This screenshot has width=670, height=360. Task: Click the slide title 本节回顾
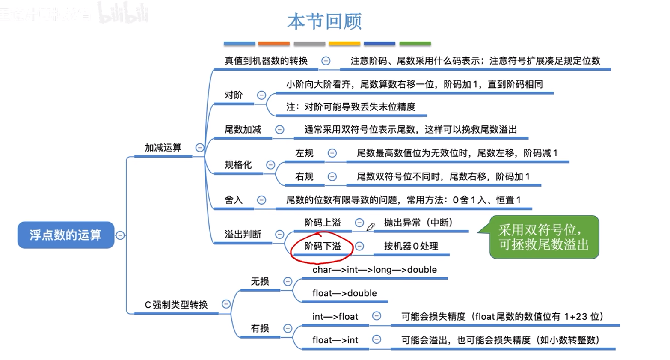[x=324, y=21]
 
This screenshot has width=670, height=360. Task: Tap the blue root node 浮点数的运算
[x=65, y=235]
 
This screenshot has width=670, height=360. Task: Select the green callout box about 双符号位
[x=544, y=237]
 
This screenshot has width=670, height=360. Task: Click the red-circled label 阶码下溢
[x=323, y=246]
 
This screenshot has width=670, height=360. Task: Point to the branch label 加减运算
[x=163, y=148]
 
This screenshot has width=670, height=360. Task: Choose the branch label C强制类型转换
[x=176, y=305]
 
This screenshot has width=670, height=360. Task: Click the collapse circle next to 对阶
[x=261, y=95]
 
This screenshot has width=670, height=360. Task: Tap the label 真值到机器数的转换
[x=266, y=61]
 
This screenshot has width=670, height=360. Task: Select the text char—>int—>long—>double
[x=374, y=270]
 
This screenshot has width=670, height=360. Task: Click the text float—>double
[x=344, y=293]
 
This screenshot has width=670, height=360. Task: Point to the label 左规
[x=304, y=153]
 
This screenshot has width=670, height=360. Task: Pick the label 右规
[x=304, y=176]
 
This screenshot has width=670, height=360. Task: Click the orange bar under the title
[x=274, y=44]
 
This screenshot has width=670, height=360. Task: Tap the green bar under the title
[x=415, y=44]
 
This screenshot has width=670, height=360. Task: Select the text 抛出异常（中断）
[x=418, y=223]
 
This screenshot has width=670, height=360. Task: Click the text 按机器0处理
[x=411, y=246]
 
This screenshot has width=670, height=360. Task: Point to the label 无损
[x=260, y=281]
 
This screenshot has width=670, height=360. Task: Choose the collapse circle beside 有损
[x=288, y=328]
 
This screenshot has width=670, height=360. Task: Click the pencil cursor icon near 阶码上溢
[x=371, y=226]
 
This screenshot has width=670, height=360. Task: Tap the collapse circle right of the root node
[x=120, y=235]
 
